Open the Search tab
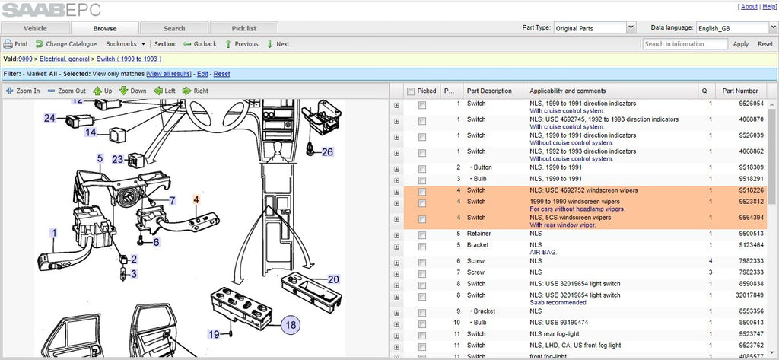pyautogui.click(x=174, y=28)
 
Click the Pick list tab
pyautogui.click(x=244, y=28)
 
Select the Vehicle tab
pyautogui.click(x=35, y=28)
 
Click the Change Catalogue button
pyautogui.click(x=66, y=43)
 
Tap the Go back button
pyautogui.click(x=200, y=43)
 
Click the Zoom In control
pyautogui.click(x=23, y=91)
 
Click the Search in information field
pyautogui.click(x=685, y=43)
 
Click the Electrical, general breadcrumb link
pyautogui.click(x=65, y=59)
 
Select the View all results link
pyautogui.click(x=169, y=74)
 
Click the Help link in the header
pyautogui.click(x=769, y=6)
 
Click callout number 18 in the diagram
pyautogui.click(x=291, y=325)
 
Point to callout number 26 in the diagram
pyautogui.click(x=327, y=151)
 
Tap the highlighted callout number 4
pyautogui.click(x=196, y=199)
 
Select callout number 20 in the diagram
pyautogui.click(x=333, y=279)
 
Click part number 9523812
pyautogui.click(x=749, y=202)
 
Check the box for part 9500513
pyautogui.click(x=421, y=234)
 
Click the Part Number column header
pyautogui.click(x=739, y=91)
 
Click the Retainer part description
pyautogui.click(x=479, y=233)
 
